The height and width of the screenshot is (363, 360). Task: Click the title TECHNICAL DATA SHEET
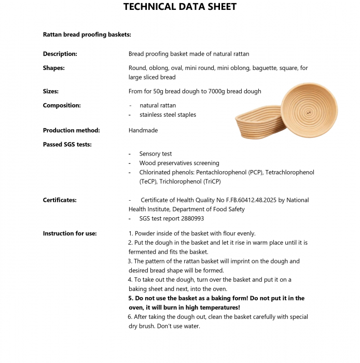(180, 7)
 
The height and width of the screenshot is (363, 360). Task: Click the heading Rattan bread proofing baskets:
(87, 35)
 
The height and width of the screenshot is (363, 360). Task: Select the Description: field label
(60, 54)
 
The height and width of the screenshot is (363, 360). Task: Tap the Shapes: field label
(53, 68)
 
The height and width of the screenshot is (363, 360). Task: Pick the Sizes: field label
(51, 91)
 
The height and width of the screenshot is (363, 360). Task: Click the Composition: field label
(62, 105)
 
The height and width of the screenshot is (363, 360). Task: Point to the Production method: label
(71, 130)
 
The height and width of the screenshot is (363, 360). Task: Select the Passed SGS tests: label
(67, 144)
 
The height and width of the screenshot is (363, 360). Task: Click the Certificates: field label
(60, 200)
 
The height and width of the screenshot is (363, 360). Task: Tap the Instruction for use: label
(70, 233)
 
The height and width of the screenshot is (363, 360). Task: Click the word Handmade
(143, 130)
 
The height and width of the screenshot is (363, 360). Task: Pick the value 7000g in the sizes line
(215, 91)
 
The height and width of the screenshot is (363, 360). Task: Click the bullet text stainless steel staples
(168, 115)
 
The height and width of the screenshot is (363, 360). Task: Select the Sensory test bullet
(156, 153)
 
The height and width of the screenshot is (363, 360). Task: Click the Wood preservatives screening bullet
(179, 163)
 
